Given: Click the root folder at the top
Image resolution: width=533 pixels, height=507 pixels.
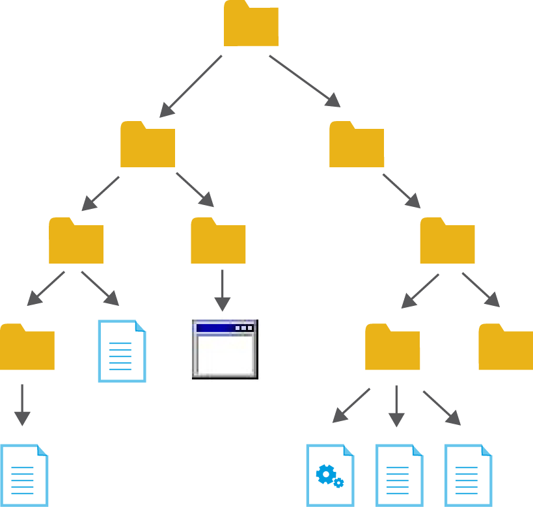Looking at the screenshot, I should click(251, 25).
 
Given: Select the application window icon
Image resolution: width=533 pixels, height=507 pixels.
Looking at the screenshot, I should click(225, 349).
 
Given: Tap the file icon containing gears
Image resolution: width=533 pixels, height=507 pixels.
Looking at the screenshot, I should click(330, 475).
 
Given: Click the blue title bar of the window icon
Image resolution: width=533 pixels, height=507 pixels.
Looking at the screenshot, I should click(215, 327).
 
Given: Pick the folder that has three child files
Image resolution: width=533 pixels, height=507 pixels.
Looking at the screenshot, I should click(392, 348).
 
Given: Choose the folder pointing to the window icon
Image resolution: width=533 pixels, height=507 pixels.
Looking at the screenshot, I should click(217, 241).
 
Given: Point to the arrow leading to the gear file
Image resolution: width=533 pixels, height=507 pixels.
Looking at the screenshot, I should click(351, 405).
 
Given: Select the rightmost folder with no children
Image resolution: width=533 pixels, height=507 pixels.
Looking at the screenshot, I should click(506, 348).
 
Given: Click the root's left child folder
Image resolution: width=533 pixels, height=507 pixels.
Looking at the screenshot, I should click(147, 145).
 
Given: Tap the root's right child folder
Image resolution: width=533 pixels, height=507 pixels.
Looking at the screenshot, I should click(356, 145).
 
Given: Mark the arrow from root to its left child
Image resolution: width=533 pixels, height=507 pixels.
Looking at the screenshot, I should click(190, 87).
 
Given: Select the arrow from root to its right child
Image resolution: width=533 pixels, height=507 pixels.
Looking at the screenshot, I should click(305, 81).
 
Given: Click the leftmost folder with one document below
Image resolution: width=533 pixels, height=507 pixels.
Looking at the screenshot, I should click(27, 348).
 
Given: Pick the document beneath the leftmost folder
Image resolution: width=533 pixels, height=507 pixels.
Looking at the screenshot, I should click(24, 475).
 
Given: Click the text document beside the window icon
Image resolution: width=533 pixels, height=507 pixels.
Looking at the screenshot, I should click(122, 351).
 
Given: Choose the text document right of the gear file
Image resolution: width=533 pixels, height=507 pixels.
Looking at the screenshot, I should click(399, 475).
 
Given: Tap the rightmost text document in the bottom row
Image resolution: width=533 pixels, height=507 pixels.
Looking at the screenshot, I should click(468, 475).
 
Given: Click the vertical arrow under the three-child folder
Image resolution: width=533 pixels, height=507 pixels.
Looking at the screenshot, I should click(396, 406).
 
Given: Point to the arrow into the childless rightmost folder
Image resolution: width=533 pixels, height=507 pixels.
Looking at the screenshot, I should click(481, 290).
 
